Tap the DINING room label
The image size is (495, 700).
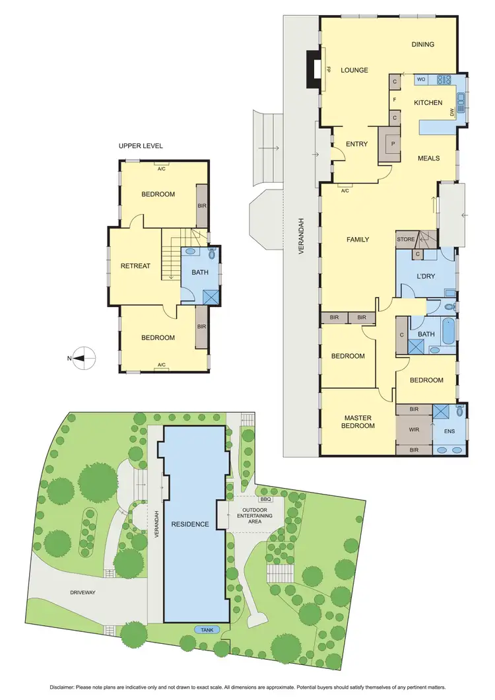[x=422, y=45]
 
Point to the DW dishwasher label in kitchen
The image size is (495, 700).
[x=452, y=113]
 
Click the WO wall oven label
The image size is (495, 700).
[x=421, y=80]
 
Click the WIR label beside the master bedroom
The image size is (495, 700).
[x=414, y=429]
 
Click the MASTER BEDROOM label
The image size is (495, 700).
[x=357, y=422]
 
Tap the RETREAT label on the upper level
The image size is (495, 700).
[x=135, y=266]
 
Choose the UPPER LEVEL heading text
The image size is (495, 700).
[x=141, y=146]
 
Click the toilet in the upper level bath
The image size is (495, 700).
[x=213, y=254]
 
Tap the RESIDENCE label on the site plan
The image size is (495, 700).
[x=191, y=524]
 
